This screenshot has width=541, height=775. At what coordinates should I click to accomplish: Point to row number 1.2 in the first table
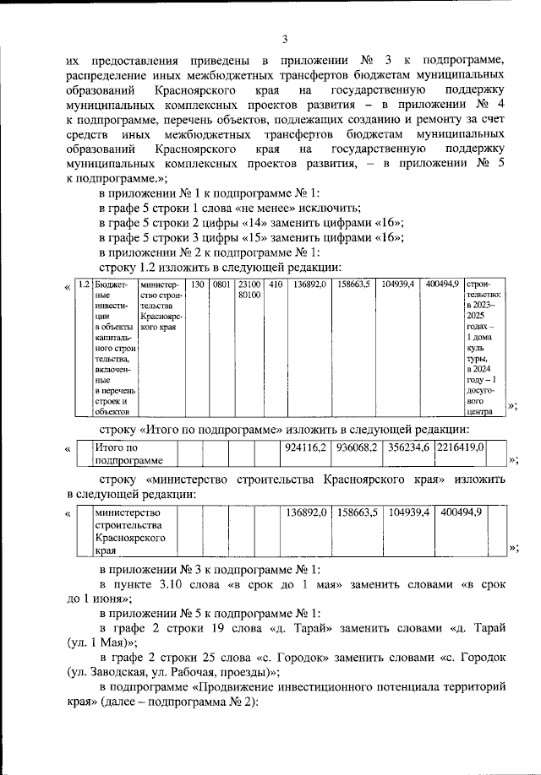pos(84,285)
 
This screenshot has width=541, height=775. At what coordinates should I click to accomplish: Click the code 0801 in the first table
pos(221,285)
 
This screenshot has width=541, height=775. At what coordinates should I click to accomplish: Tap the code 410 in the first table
pos(276,285)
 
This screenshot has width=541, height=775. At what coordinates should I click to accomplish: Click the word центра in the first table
pos(478,413)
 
